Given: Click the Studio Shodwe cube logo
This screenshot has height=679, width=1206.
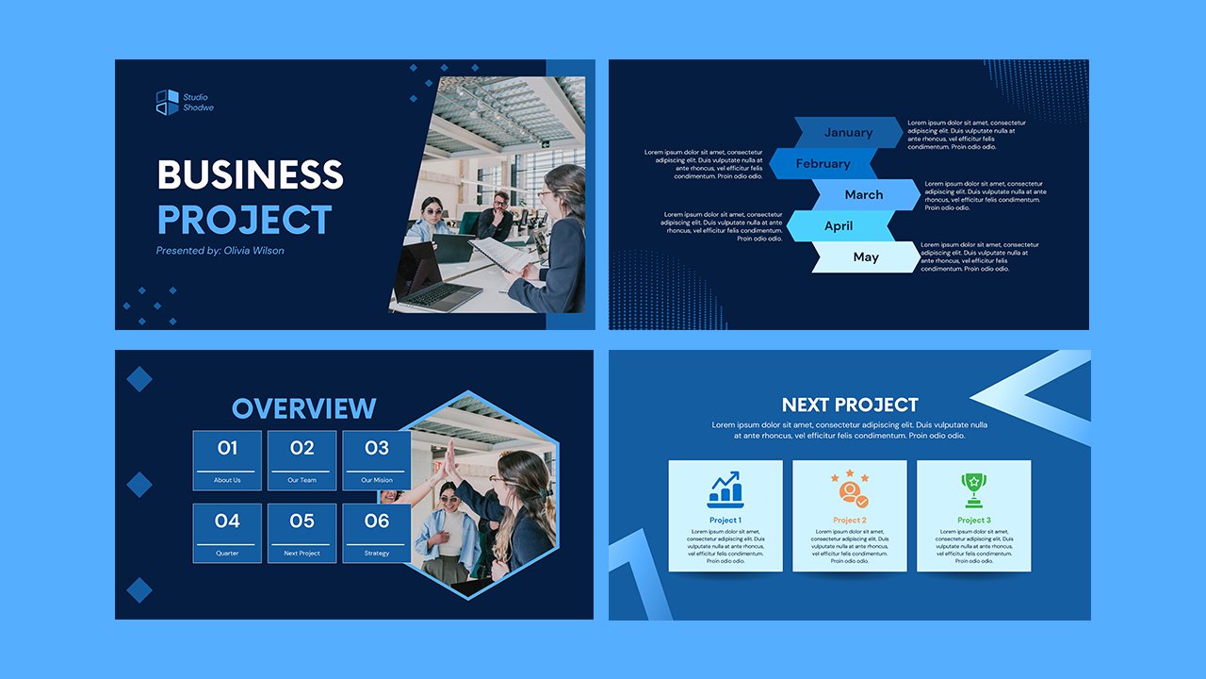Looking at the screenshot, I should [167, 102].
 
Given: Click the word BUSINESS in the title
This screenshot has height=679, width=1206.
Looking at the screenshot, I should [250, 175].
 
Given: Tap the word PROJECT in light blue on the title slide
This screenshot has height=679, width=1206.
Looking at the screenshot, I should [244, 220].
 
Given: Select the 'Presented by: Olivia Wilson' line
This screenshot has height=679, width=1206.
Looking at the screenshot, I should [220, 251].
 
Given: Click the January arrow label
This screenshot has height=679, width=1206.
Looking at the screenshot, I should [848, 132].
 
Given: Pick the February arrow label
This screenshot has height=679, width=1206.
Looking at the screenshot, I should [823, 163].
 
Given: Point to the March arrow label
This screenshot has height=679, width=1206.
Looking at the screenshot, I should [864, 194].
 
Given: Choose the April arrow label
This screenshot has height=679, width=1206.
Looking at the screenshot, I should [839, 225].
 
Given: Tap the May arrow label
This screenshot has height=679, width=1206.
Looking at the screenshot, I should [866, 257].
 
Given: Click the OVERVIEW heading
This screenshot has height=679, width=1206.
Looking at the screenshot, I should [303, 408].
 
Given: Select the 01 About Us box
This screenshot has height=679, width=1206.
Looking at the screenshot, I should [227, 460].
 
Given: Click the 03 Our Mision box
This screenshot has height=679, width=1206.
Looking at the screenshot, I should [376, 460].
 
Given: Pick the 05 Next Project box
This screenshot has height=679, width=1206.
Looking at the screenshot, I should [301, 533].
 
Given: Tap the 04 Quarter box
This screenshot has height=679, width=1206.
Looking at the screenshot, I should [227, 533].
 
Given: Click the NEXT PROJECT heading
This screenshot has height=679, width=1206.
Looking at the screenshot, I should [850, 405].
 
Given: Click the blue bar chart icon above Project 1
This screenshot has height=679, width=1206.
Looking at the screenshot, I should [725, 489].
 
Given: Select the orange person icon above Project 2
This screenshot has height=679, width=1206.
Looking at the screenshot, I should [849, 489].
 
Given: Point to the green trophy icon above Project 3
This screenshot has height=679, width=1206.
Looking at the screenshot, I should [973, 489].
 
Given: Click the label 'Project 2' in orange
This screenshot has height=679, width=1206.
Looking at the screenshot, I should [850, 521].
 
